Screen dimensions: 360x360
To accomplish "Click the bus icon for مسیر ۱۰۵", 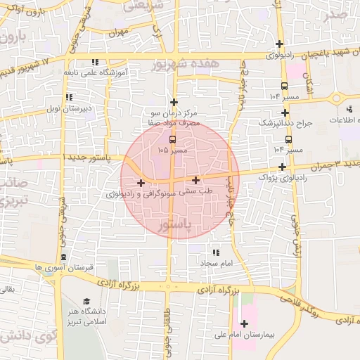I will pyautogui.click(x=173, y=139).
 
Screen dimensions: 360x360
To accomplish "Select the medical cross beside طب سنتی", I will pyautogui.click(x=195, y=180).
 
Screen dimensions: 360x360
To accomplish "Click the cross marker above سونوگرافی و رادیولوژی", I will pyautogui.click(x=141, y=183).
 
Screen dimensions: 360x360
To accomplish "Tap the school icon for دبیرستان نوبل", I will pyautogui.click(x=68, y=98).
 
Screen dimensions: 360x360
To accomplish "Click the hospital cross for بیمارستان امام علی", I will pyautogui.click(x=244, y=323).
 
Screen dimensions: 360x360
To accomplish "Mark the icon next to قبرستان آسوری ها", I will pyautogui.click(x=64, y=257).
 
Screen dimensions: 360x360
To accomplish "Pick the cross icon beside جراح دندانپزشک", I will pyautogui.click(x=283, y=112).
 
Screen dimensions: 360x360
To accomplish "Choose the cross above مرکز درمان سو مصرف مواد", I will pyautogui.click(x=174, y=102).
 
